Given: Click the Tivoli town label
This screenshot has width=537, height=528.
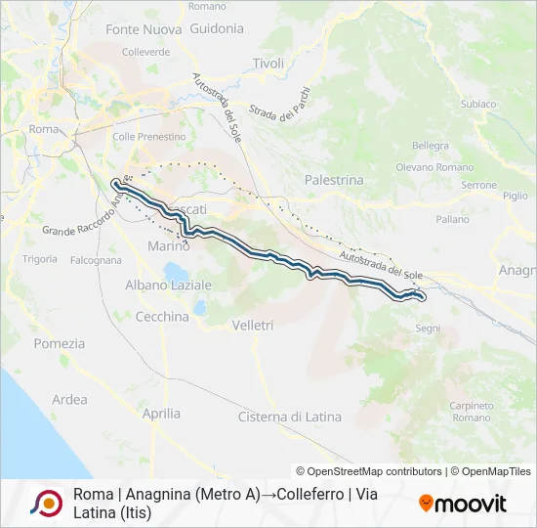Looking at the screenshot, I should [268, 64].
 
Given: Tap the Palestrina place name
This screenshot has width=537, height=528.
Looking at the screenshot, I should [334, 180].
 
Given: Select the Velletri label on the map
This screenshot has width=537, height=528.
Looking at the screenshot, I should [254, 325].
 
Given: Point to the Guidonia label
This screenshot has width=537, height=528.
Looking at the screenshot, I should [218, 29].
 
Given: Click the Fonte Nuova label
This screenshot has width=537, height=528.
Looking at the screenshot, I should [144, 29].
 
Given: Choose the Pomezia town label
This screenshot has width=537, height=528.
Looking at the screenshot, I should [60, 343].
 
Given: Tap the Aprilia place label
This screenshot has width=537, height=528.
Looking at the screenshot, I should [161, 414].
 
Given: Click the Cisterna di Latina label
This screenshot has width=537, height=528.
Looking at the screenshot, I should [290, 417].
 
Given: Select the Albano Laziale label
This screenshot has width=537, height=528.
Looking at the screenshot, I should [168, 285].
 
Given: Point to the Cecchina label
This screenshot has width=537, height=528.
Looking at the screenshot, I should [162, 317].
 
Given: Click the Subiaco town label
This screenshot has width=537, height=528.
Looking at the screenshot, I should [478, 104].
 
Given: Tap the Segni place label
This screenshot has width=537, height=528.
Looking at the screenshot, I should [428, 329].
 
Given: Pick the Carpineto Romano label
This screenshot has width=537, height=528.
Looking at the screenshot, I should [471, 412].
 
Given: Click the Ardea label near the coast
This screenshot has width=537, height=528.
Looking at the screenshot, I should [69, 400].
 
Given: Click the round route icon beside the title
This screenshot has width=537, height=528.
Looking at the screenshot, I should [46, 503].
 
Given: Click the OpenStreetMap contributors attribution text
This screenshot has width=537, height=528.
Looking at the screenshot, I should [369, 471].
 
